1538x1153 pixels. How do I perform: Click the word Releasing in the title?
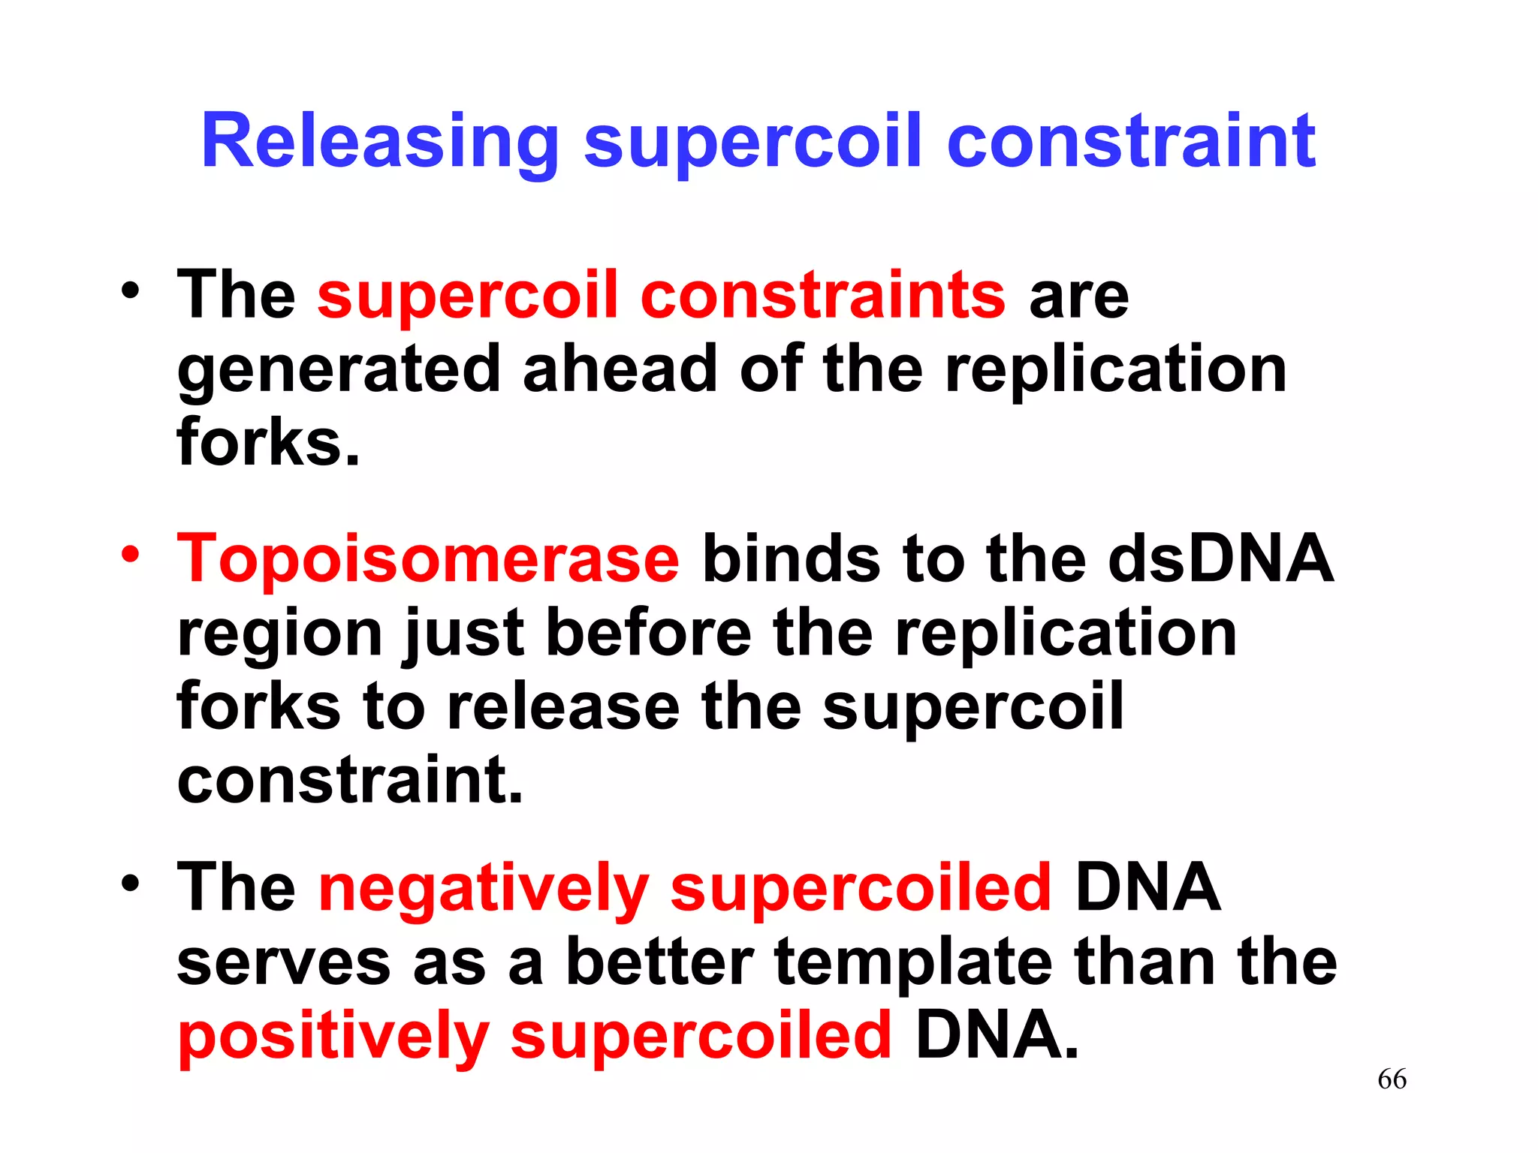pos(379,143)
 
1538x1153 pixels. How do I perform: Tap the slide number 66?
pos(1392,1079)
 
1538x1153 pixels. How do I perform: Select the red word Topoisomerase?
pos(428,559)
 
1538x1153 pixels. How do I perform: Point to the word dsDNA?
pos(1220,559)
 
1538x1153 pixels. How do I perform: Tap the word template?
pos(912,963)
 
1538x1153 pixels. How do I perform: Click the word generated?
pos(338,370)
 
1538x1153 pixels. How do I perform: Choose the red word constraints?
pos(822,296)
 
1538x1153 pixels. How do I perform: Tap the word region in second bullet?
pos(280,634)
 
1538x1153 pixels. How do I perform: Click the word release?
pos(562,707)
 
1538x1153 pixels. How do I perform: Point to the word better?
pos(659,963)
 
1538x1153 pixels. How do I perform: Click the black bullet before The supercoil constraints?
pos(131,291)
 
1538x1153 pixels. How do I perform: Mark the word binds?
pos(790,559)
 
